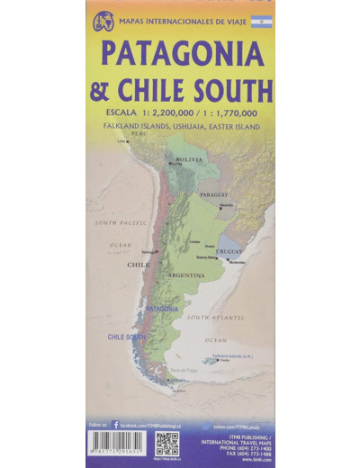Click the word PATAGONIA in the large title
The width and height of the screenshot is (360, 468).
[x=183, y=55]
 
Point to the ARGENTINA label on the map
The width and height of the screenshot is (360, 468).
[x=186, y=275]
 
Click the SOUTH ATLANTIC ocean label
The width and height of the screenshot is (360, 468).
[x=216, y=317]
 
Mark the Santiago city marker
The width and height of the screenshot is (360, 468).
[x=157, y=251]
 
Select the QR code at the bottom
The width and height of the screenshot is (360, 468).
[x=166, y=443]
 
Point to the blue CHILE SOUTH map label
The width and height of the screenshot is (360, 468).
[x=126, y=337]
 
